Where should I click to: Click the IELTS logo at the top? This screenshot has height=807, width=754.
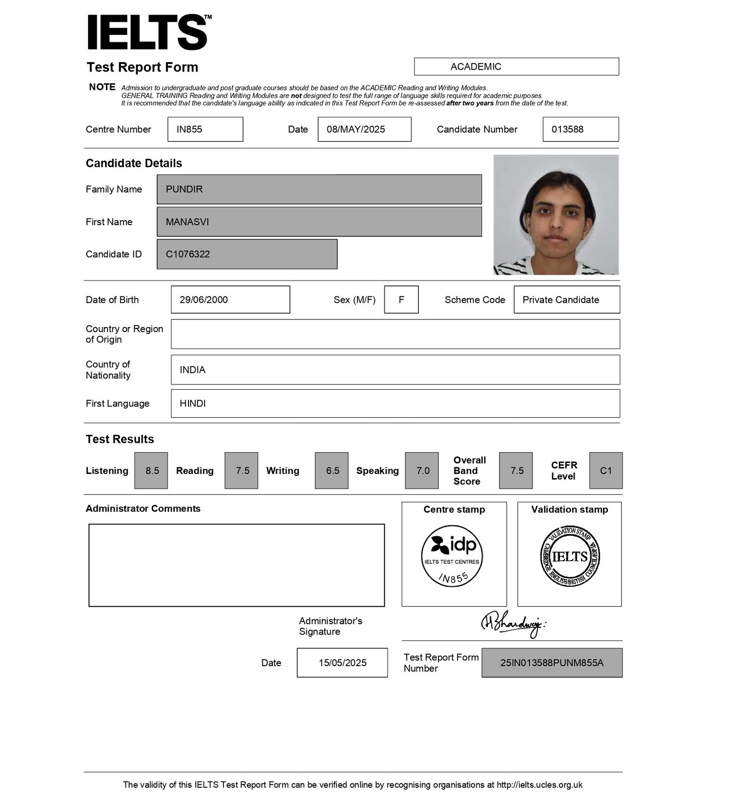(x=148, y=32)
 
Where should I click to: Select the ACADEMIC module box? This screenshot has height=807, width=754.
(x=516, y=66)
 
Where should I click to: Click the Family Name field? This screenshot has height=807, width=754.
(x=319, y=189)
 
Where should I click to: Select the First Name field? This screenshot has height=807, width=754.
(x=319, y=221)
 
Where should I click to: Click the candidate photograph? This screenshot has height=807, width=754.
(x=556, y=215)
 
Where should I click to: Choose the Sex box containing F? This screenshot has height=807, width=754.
(x=401, y=300)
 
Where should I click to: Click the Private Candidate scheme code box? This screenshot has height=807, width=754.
(x=566, y=300)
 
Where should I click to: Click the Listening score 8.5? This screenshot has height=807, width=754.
(x=151, y=470)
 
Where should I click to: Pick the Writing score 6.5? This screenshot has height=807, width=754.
(x=332, y=470)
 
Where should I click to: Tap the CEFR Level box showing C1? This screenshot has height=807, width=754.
(x=606, y=470)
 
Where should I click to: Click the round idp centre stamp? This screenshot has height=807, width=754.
(x=452, y=556)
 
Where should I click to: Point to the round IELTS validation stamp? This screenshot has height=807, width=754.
(x=570, y=556)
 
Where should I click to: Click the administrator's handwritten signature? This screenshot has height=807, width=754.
(x=513, y=624)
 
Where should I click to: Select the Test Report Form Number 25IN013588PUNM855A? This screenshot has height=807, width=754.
(x=552, y=662)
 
